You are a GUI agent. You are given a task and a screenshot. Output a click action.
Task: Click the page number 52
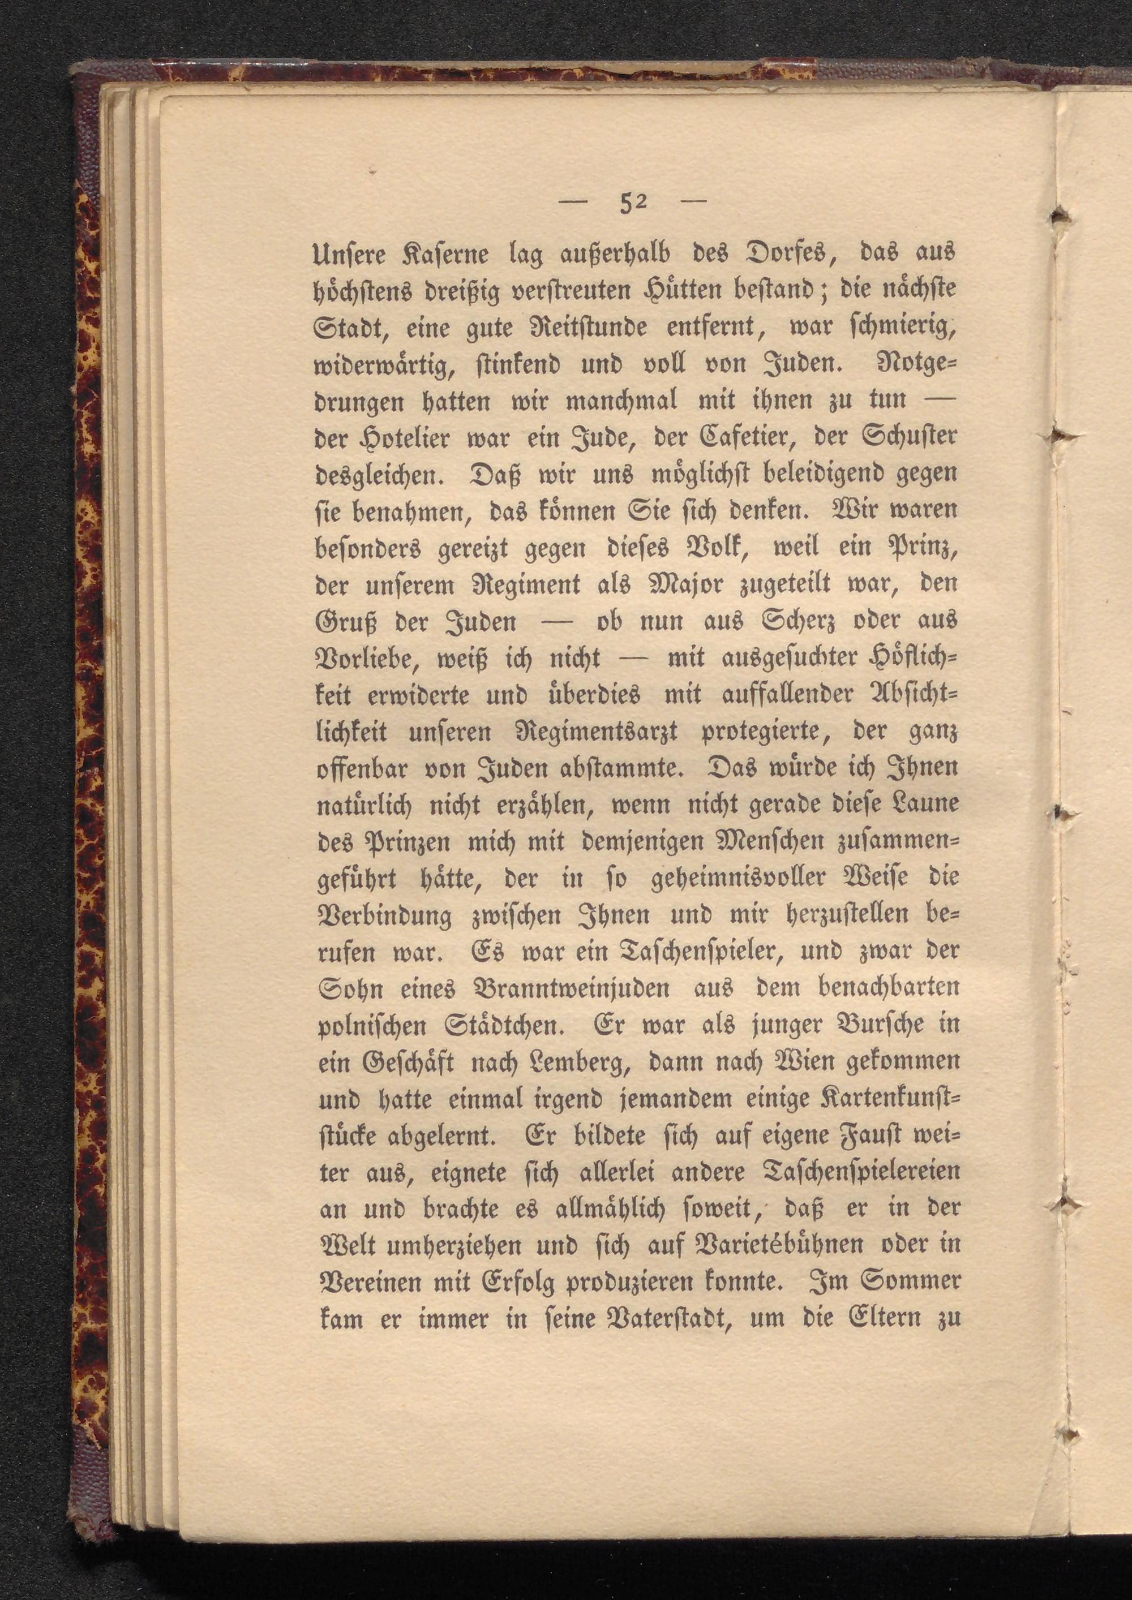(633, 204)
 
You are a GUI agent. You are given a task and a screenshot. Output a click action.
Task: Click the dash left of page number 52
(576, 204)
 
